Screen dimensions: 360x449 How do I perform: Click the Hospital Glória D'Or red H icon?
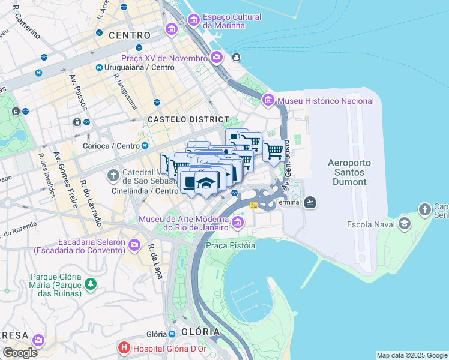tap(124, 347)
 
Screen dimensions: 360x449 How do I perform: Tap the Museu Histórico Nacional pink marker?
tap(268, 100)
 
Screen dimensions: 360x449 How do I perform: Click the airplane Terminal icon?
tap(310, 202)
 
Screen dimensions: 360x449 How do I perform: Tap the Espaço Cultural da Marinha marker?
tap(194, 20)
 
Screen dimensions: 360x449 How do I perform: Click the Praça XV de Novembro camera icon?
tap(217, 58)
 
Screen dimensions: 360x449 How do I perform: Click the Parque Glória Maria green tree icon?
tap(90, 283)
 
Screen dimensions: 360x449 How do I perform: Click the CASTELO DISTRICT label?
tap(188, 120)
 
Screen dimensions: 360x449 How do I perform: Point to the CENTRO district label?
tap(130, 36)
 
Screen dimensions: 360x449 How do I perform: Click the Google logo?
tap(20, 352)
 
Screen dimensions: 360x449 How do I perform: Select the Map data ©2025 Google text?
tap(411, 355)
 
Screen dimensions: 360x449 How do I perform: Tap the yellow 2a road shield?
tap(253, 206)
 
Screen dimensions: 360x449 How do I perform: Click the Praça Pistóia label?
tap(231, 245)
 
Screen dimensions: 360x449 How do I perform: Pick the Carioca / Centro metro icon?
tap(145, 146)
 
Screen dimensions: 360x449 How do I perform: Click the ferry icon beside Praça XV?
tap(237, 58)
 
